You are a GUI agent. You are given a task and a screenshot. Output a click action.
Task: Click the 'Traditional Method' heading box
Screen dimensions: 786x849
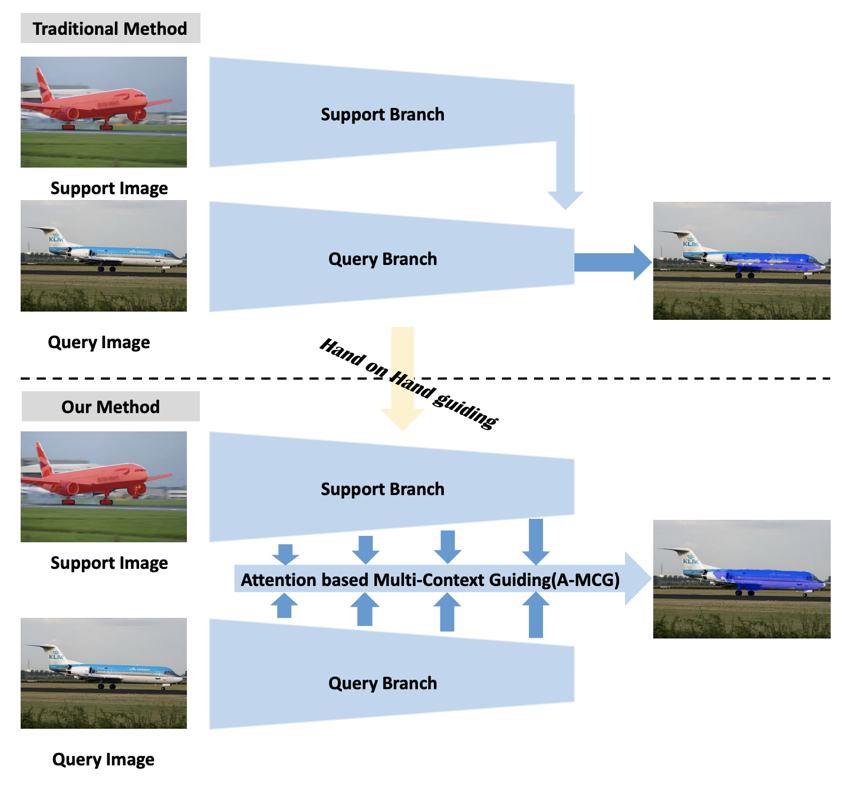[110, 28]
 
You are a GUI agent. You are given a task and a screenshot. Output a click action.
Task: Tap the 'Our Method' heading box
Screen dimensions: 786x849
[110, 407]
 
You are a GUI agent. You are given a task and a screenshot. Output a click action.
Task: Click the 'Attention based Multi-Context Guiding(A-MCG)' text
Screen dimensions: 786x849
[430, 580]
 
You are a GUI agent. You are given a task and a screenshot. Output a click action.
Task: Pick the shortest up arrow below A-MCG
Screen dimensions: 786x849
[285, 606]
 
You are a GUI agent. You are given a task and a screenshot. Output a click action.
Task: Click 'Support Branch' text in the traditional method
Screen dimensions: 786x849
[382, 114]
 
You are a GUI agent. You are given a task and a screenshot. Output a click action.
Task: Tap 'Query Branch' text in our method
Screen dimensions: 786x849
[382, 683]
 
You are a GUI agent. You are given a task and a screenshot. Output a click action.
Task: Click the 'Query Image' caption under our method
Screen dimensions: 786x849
[103, 759]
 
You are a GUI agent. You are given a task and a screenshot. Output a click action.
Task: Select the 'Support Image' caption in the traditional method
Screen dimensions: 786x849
[109, 188]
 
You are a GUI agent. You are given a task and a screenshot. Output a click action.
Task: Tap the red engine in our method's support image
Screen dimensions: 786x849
[72, 488]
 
